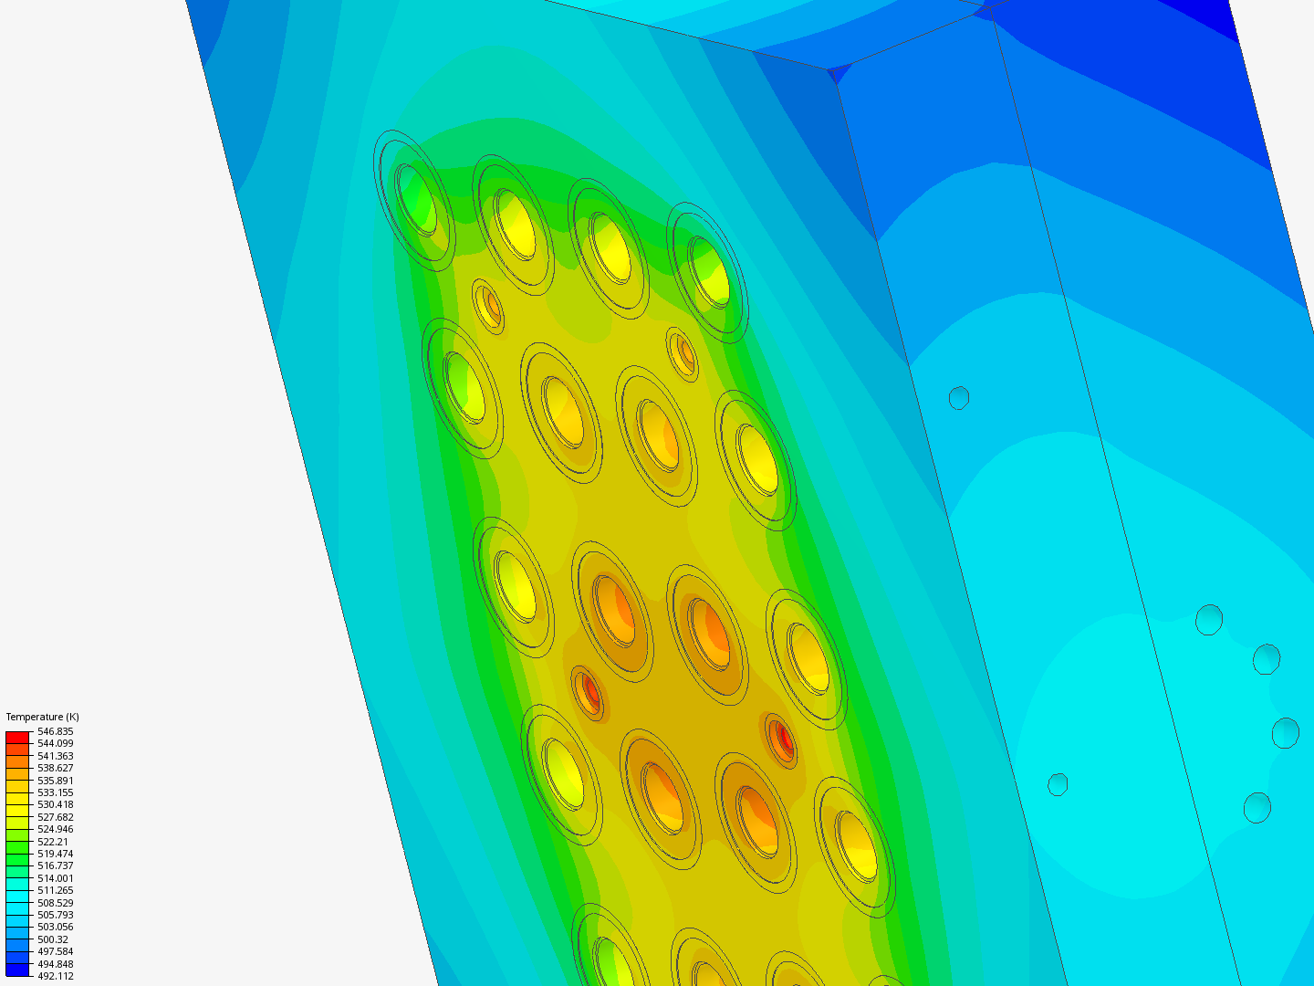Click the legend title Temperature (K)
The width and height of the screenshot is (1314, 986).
point(42,717)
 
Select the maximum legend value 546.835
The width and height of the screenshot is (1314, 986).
point(55,731)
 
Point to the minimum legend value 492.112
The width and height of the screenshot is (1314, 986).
point(55,976)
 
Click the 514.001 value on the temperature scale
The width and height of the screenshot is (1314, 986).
point(55,878)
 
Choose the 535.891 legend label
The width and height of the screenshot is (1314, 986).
point(55,781)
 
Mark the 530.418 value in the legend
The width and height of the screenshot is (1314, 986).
point(55,804)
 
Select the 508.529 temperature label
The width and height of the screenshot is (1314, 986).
point(55,903)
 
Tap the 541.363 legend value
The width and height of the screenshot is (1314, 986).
point(55,756)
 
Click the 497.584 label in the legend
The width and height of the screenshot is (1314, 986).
point(55,951)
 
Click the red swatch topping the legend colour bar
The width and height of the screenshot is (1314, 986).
point(17,737)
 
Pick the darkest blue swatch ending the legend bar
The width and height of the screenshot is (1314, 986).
point(17,970)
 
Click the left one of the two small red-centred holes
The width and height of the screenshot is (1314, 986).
point(590,693)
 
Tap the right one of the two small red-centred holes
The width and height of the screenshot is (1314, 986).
point(782,737)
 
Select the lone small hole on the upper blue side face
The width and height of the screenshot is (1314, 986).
point(958,398)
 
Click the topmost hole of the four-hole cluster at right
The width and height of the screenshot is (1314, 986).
point(1209,619)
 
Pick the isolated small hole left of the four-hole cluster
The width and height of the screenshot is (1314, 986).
point(1058,784)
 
